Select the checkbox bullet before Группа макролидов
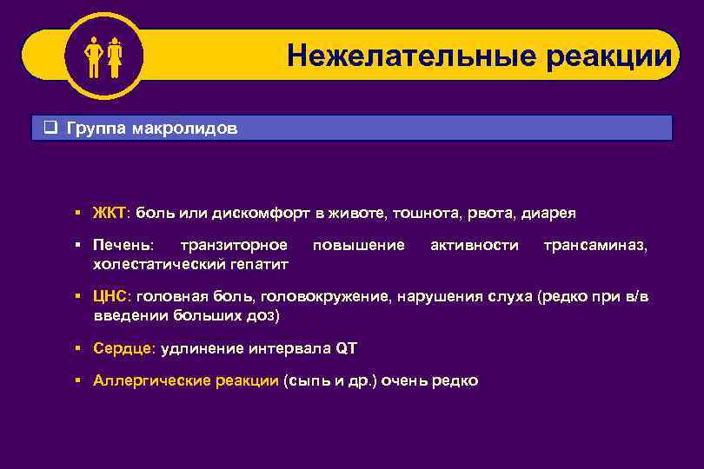coord(51,129)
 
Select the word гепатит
coord(261,263)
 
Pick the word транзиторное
coord(232,246)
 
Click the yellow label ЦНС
coord(111,297)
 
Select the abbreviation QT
coord(345,348)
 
